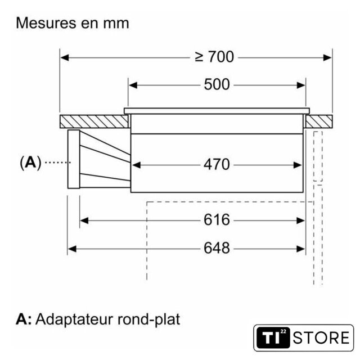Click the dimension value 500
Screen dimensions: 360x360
[x=217, y=85]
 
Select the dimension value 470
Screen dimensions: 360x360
[x=217, y=164]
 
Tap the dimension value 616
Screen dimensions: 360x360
[x=217, y=219]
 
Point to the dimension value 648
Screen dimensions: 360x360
[x=217, y=247]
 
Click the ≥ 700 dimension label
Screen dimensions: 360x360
[x=214, y=57]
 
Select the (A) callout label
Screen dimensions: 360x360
[x=30, y=163]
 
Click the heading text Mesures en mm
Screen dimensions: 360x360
[x=73, y=24]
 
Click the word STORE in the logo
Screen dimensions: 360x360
[x=321, y=339]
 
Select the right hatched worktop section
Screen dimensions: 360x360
[x=319, y=121]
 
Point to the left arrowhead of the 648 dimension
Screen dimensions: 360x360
[x=71, y=247]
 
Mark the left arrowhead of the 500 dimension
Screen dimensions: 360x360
[x=132, y=85]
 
